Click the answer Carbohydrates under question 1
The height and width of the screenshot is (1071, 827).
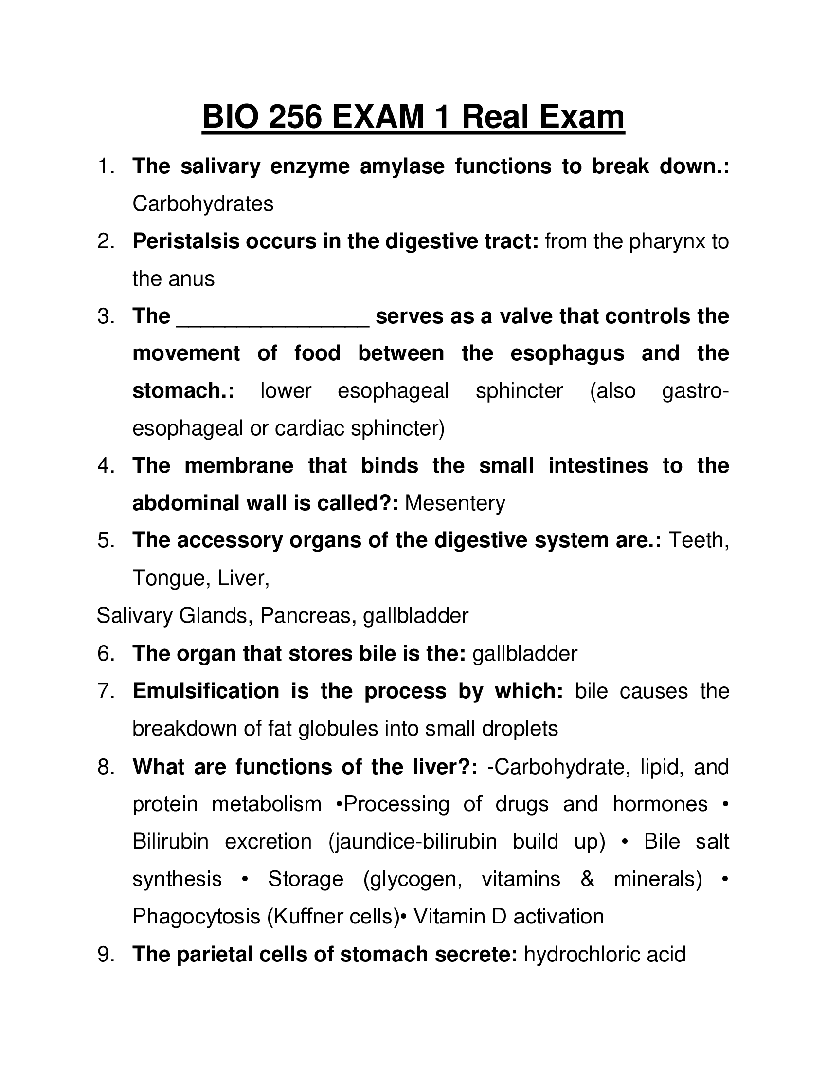tap(203, 204)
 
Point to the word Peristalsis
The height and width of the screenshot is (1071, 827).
tap(186, 241)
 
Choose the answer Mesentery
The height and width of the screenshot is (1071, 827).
tap(455, 503)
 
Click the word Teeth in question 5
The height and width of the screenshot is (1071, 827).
tap(698, 540)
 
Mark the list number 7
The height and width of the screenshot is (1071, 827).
tap(105, 691)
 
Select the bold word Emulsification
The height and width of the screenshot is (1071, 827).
tap(206, 691)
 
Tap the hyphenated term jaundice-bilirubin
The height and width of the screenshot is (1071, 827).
tap(413, 841)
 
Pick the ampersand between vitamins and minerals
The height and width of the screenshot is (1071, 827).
tap(587, 879)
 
